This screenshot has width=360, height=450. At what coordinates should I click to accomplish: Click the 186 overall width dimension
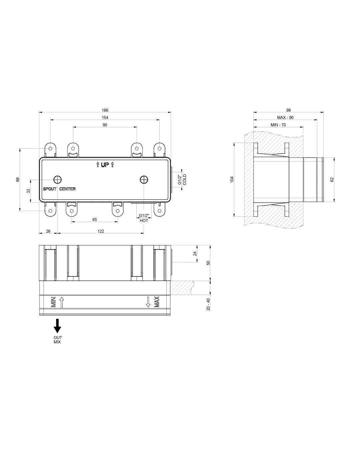(105, 110)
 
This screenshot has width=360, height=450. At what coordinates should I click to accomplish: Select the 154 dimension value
(105, 118)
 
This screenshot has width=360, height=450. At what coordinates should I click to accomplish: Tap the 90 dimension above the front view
(105, 125)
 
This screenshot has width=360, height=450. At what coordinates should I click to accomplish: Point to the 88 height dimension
(18, 179)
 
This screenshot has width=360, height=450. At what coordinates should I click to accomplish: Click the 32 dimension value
(28, 191)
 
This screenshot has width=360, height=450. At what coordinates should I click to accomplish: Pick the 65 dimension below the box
(95, 220)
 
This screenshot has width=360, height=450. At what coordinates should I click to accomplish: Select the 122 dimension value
(101, 231)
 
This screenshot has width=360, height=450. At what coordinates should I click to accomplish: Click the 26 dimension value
(48, 231)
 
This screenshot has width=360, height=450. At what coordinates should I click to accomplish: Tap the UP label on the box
(105, 165)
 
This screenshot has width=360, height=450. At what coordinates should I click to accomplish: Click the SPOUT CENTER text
(59, 189)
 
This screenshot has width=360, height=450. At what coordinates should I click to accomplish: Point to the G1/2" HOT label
(144, 218)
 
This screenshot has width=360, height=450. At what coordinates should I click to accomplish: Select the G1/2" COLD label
(182, 180)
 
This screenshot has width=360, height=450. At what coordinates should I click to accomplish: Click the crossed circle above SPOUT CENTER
(58, 180)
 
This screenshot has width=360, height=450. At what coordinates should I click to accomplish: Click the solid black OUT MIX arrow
(58, 326)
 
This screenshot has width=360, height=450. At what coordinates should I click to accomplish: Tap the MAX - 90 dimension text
(285, 118)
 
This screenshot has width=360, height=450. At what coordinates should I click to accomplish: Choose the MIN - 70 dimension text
(278, 125)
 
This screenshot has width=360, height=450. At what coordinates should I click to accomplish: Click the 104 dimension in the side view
(232, 179)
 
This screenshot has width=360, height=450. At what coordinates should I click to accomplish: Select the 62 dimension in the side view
(332, 180)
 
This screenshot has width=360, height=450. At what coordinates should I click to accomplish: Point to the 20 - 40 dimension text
(208, 304)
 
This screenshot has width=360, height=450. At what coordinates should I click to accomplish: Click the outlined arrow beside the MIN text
(61, 302)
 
